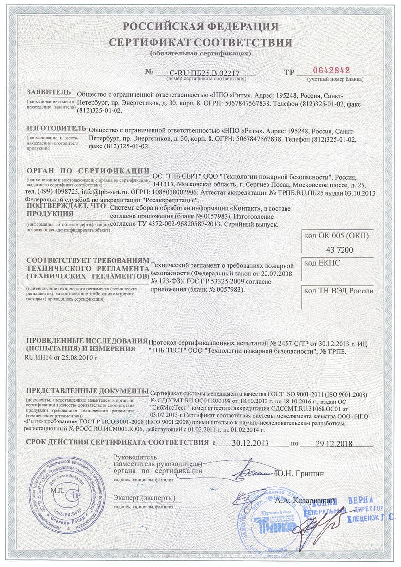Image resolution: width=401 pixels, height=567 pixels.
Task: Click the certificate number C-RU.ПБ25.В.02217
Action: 204,73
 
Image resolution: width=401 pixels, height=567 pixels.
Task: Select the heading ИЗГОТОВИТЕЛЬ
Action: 56,128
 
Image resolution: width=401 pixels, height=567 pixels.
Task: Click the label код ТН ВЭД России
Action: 339,291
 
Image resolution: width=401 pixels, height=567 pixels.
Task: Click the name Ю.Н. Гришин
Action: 299,473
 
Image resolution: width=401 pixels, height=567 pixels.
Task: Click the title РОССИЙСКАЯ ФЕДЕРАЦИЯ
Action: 200,26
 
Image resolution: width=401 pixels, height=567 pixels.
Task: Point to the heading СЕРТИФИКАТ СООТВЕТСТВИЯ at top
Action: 200,42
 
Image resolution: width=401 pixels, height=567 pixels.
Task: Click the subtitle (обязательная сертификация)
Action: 200,53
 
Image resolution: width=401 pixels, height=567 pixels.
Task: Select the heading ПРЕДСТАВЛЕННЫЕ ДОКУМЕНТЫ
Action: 87,391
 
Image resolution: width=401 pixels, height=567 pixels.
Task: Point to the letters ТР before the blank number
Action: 289,73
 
